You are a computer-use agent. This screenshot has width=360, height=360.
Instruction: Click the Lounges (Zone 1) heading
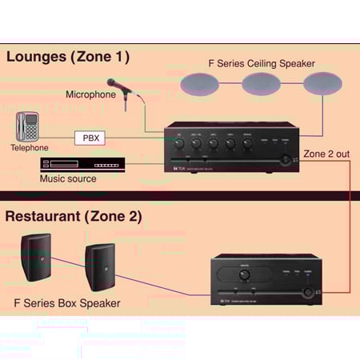pyautogui.click(x=67, y=57)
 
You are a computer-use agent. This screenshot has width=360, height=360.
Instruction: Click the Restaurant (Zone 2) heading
pyautogui.click(x=74, y=216)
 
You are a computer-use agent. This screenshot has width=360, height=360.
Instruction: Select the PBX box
pyautogui.click(x=90, y=138)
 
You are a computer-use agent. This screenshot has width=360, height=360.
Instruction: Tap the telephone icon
pyautogui.click(x=27, y=127)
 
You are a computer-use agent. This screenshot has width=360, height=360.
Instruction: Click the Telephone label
pyautogui.click(x=29, y=148)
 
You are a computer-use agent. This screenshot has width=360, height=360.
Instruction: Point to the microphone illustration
pyautogui.click(x=120, y=88)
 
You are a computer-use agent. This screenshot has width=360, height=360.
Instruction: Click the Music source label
pyautogui.click(x=68, y=178)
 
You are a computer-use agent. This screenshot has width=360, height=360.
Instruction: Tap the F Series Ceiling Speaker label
pyautogui.click(x=261, y=63)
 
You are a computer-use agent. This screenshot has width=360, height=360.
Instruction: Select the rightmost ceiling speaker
pyautogui.click(x=322, y=83)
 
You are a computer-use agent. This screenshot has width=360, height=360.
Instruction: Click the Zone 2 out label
pyautogui.click(x=326, y=153)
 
